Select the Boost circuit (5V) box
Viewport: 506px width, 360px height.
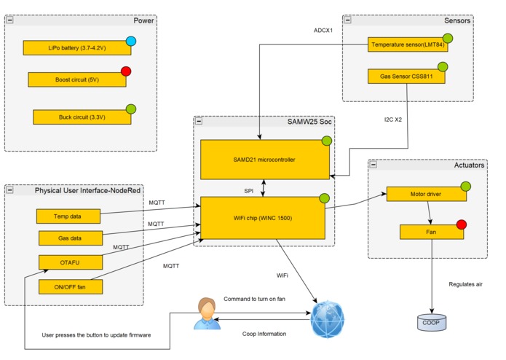point(76,79)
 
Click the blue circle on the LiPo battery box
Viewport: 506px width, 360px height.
point(130,41)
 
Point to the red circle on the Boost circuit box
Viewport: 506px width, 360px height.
point(125,71)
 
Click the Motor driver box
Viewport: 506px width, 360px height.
point(425,195)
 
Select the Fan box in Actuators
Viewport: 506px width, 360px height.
point(431,232)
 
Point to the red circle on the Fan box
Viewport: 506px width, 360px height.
point(460,224)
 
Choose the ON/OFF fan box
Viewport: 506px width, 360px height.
point(70,286)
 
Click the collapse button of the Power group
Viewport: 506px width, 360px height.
point(10,20)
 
